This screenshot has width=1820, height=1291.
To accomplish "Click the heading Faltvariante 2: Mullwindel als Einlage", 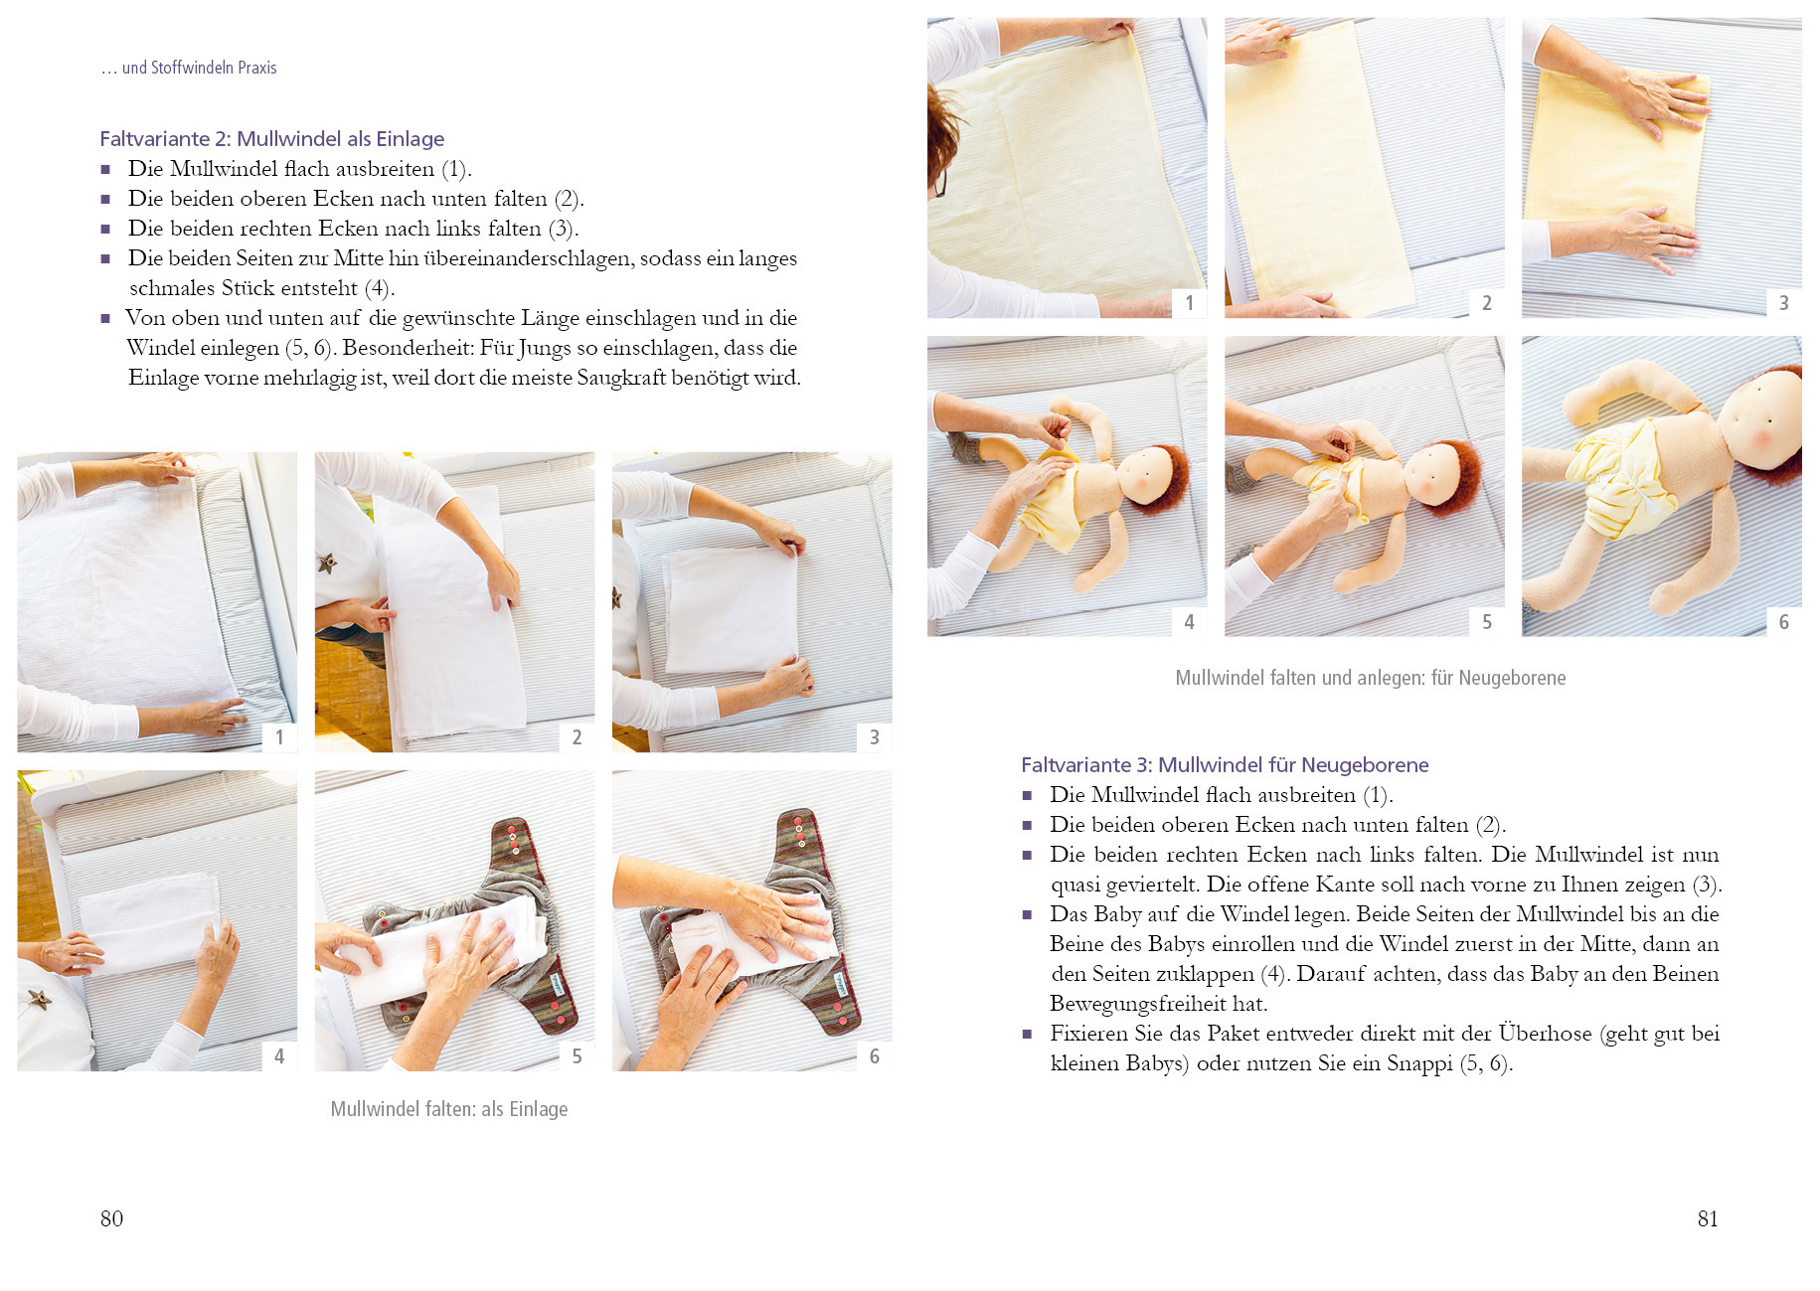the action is (271, 139).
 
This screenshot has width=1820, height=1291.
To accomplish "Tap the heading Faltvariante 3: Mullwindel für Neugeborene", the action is (1225, 765).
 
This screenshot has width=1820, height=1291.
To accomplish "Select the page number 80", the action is (111, 1219).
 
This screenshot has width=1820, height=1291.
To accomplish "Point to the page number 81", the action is (1708, 1219).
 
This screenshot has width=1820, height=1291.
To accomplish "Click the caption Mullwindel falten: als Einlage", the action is (449, 1109).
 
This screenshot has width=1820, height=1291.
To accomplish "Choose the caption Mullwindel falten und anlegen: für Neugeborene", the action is (1371, 678).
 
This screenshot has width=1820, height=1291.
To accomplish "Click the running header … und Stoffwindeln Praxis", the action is (189, 68).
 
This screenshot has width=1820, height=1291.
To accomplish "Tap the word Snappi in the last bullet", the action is (1419, 1063).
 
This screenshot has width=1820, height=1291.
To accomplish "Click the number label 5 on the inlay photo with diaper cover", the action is (577, 1055).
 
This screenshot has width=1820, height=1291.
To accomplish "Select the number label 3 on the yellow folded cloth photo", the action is (1784, 303).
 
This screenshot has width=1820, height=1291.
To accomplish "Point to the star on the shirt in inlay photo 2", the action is (326, 565).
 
